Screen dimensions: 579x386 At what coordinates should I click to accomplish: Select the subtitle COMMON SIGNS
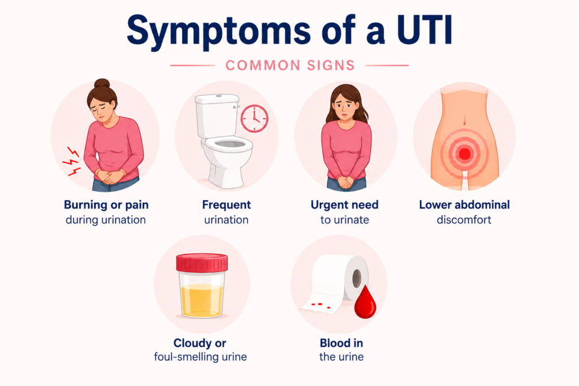point(290,66)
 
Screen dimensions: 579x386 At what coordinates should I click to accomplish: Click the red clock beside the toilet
point(254,119)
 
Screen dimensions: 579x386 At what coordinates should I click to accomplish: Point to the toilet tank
point(217,115)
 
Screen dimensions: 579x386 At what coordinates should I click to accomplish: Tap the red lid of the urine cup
point(202,262)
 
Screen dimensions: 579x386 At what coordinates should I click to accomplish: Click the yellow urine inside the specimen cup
point(202,300)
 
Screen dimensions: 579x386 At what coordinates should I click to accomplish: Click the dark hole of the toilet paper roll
point(357,278)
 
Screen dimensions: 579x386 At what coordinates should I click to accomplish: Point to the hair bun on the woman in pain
point(102,83)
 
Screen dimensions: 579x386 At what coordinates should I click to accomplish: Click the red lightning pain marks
point(72,161)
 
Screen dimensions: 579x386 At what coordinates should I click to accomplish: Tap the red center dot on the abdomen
point(465,154)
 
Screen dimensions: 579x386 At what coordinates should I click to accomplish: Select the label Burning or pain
point(106,205)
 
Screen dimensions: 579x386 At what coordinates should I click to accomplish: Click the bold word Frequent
point(226,205)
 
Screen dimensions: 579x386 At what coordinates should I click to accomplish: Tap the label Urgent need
point(344,205)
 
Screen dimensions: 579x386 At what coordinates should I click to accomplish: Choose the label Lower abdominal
point(464,205)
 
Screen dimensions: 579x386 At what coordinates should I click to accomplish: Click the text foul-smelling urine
point(200,357)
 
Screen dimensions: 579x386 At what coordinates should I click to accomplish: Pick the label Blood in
point(341,343)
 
